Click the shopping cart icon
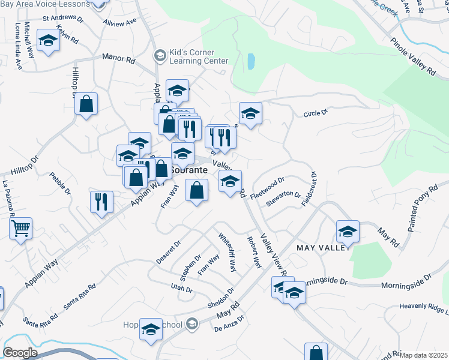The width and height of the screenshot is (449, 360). coord(21,229)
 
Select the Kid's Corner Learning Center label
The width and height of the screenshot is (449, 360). coord(198,56)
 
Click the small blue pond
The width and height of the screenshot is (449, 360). coord(250,61)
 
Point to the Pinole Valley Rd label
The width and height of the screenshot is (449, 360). coord(412,58)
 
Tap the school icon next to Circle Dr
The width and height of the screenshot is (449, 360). coord(250,113)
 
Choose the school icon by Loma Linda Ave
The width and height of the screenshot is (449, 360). coord(47,41)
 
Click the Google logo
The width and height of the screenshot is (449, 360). coord(20,353)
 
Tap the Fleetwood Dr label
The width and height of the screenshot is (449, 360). coord(267,187)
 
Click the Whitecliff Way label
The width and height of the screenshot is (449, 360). coord(227,252)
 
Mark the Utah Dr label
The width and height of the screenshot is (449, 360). coord(181,289)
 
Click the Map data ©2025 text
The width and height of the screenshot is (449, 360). coord(423,355)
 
